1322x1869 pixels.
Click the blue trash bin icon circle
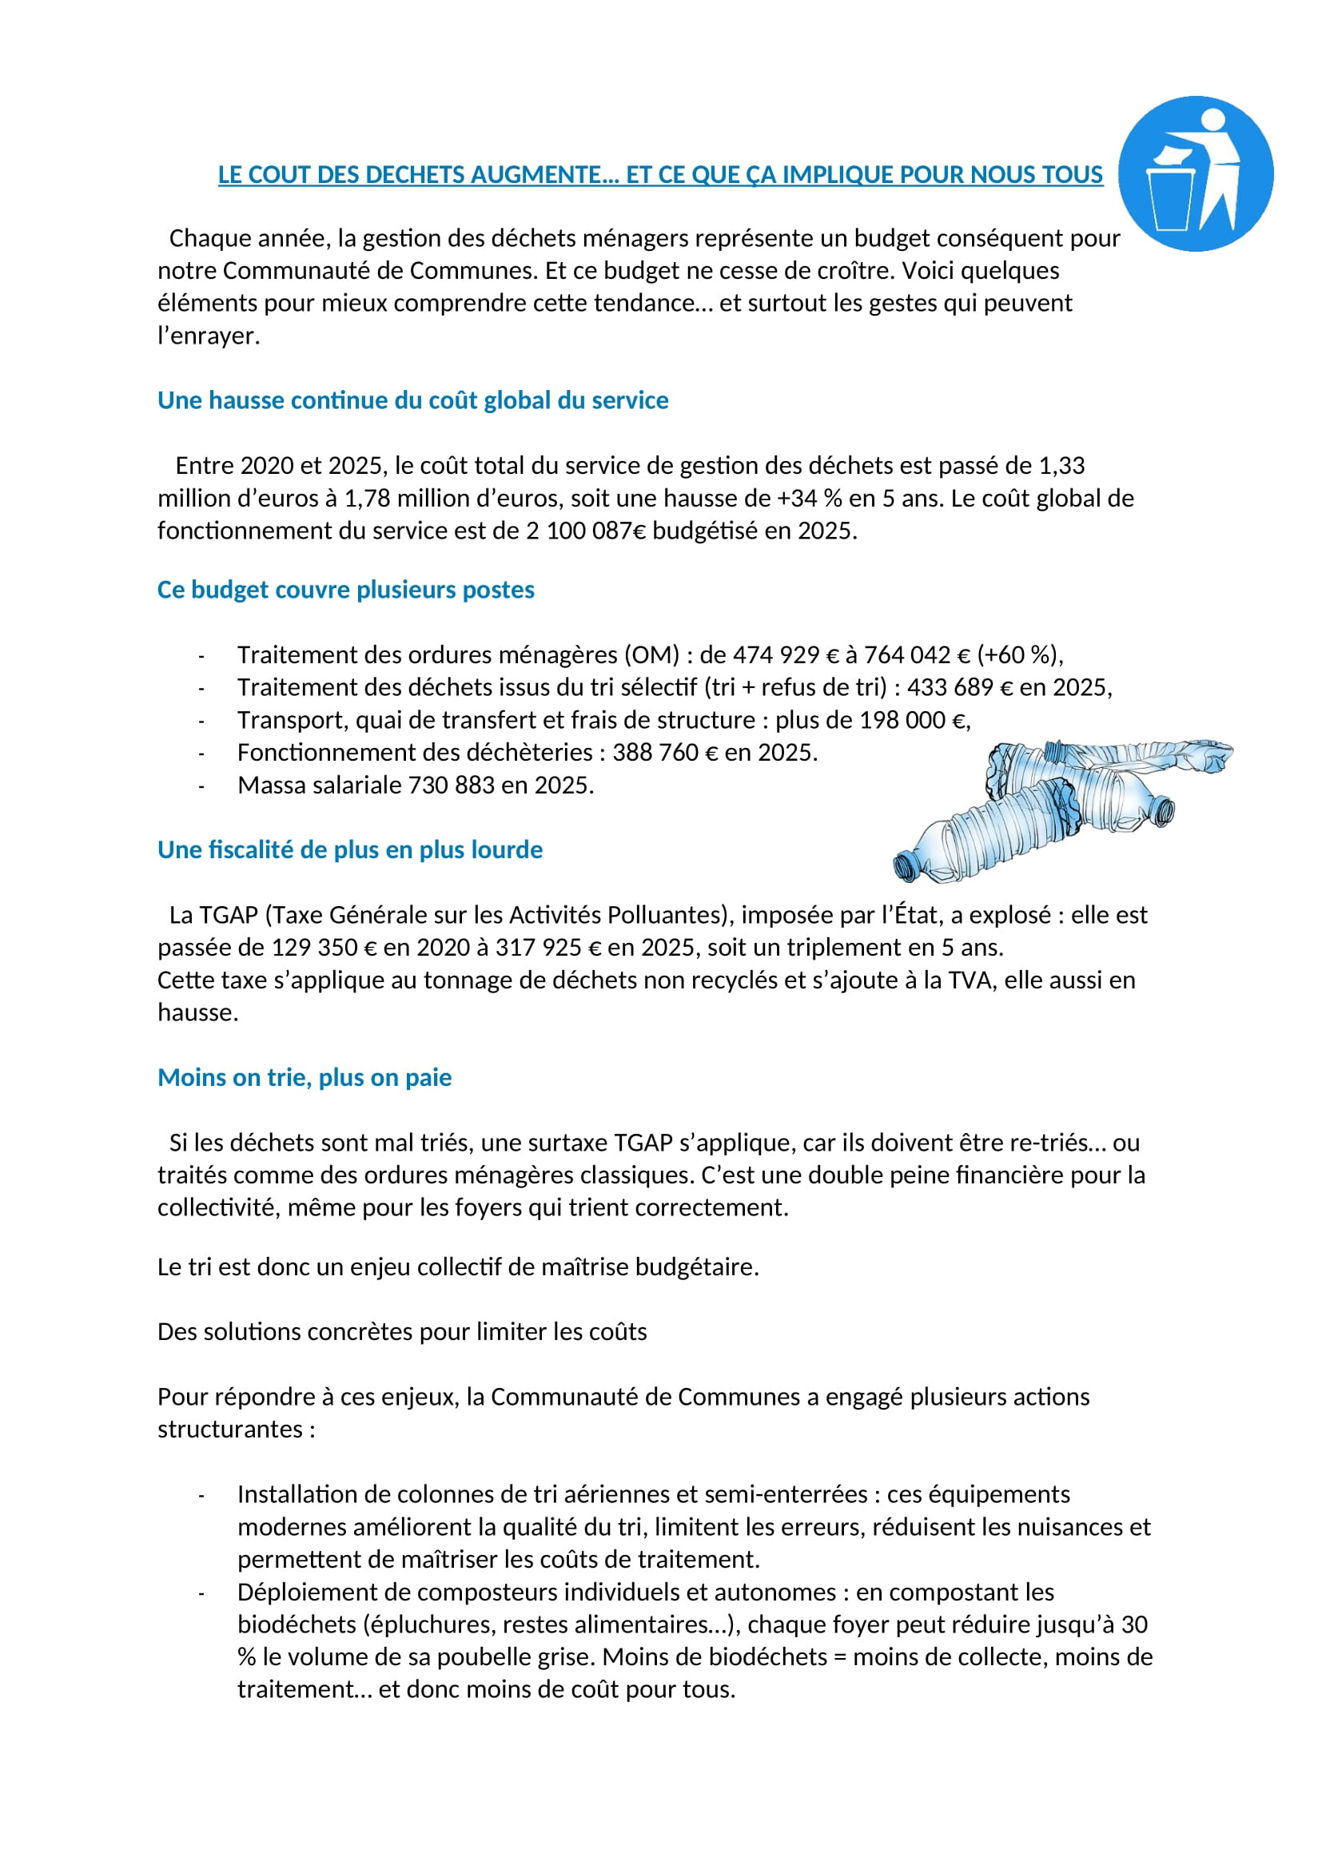click(1195, 173)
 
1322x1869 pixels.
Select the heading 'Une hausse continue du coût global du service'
click(412, 400)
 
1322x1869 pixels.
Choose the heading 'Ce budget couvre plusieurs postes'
click(346, 590)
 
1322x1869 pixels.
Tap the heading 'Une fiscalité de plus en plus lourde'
click(350, 850)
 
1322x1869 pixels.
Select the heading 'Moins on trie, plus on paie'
click(305, 1078)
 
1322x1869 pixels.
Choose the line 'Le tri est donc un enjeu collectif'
click(457, 1267)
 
